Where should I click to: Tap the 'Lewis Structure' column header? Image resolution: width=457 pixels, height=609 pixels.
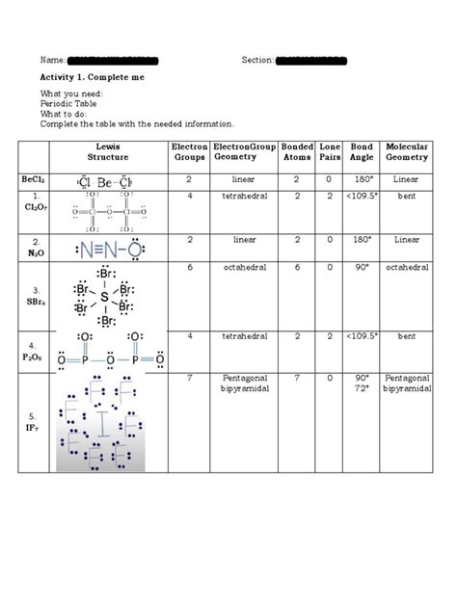108,151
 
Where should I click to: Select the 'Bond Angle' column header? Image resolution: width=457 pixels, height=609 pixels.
362,151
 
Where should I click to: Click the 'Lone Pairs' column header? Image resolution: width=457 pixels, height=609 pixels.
330,151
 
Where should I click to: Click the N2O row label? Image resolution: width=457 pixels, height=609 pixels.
34,247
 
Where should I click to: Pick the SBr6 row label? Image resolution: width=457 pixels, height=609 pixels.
34,295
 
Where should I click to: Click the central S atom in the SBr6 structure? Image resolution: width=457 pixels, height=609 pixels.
104,297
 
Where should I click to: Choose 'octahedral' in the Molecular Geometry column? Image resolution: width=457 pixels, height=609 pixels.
407,267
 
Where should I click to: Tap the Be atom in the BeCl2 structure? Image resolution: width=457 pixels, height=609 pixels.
105,180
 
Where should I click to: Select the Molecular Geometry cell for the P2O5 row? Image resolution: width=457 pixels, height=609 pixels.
407,336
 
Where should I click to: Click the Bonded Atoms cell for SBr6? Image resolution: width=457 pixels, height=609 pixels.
297,267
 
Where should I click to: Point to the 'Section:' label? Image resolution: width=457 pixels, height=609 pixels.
257,61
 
